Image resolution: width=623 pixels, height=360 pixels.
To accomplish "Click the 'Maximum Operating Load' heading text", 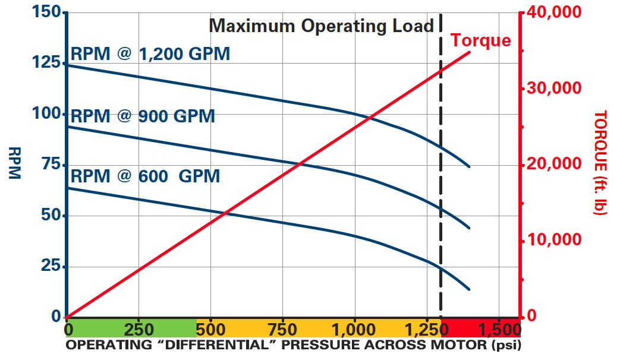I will [x=321, y=26].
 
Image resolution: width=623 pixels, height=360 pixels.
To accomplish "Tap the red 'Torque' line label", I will [x=480, y=40].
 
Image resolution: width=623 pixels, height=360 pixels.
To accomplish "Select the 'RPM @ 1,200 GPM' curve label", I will [x=150, y=54].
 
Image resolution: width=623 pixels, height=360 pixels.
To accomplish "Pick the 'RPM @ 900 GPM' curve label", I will [x=143, y=116].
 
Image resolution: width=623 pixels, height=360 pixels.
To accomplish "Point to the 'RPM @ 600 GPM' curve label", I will [x=145, y=176].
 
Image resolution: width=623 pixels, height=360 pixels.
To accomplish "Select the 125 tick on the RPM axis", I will [x=46, y=62].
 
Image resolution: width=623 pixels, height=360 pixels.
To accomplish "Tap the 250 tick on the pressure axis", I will [x=139, y=330].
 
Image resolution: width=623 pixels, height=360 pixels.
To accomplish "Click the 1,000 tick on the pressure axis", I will [x=354, y=330].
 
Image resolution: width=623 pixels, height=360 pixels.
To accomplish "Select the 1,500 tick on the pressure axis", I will [x=499, y=330].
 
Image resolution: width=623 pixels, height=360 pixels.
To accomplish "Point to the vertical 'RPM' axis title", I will [x=14, y=163].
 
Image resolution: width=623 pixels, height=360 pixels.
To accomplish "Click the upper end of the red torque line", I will [x=470, y=52].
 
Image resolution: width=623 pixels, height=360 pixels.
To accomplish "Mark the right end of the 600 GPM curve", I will [x=470, y=289].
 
